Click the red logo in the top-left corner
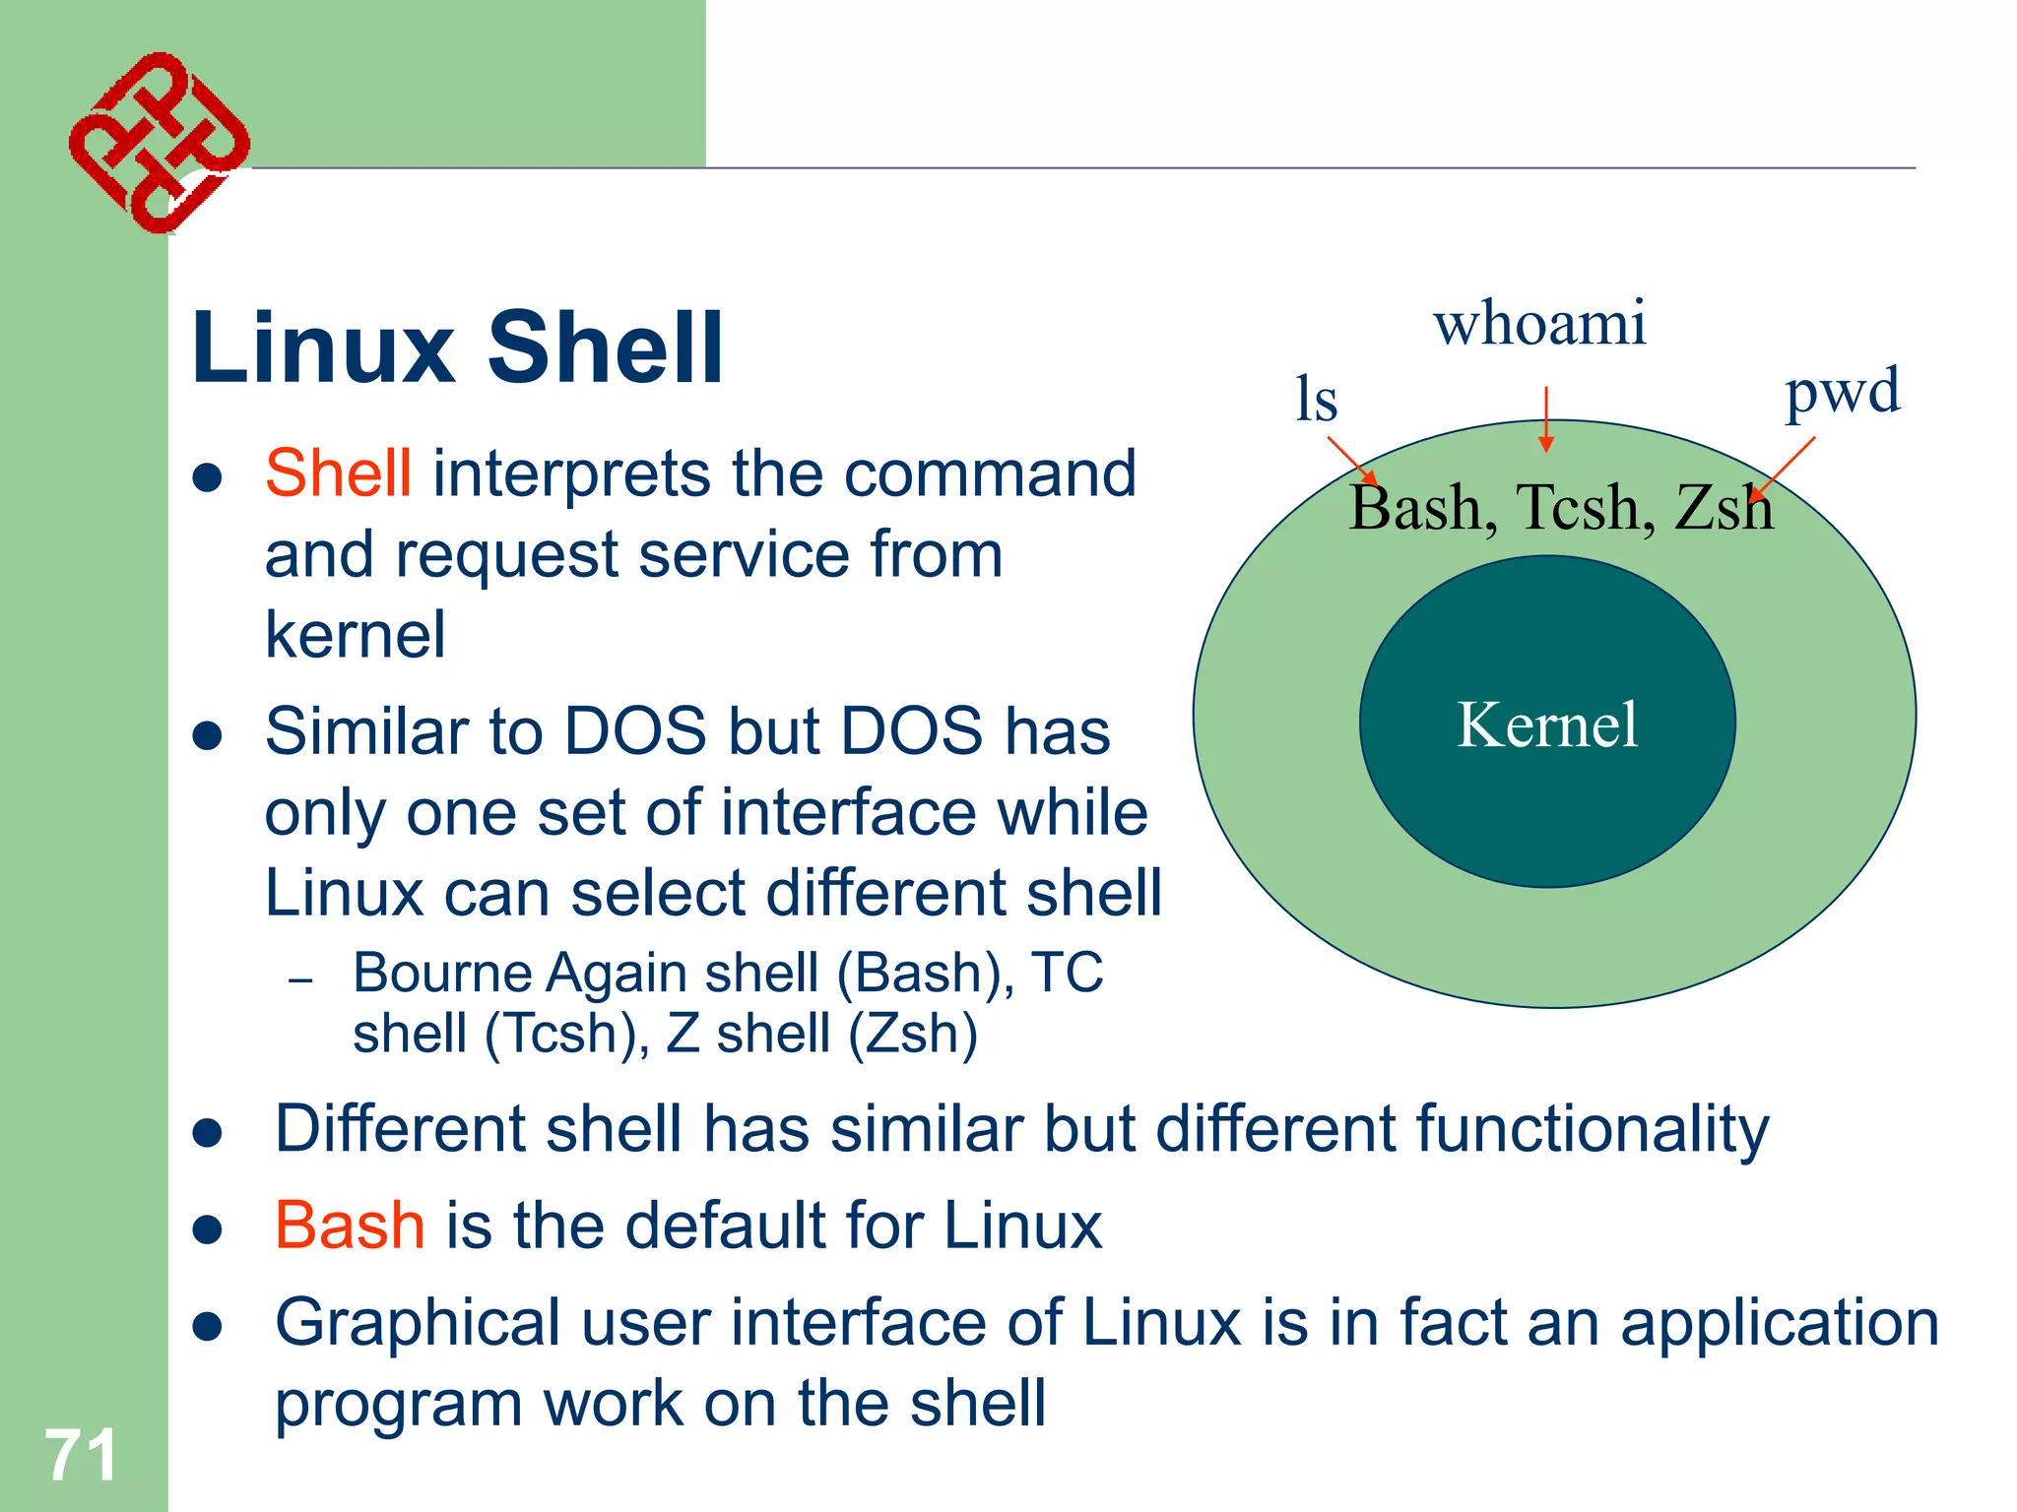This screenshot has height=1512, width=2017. tap(158, 143)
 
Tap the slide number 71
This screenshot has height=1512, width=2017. tap(81, 1455)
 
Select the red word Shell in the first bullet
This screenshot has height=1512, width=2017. tap(338, 473)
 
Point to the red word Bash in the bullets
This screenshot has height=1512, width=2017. tap(350, 1226)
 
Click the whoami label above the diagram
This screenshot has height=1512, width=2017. tap(1539, 323)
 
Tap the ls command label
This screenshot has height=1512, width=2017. tap(1316, 400)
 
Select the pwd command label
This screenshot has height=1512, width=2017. tap(1842, 392)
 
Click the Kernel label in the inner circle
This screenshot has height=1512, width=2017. tap(1547, 724)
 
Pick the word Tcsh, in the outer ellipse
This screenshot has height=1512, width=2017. tap(1586, 508)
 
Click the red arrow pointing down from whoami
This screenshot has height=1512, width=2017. tap(1546, 418)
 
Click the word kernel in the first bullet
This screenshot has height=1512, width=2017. tap(356, 635)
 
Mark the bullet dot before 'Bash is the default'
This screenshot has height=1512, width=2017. tap(207, 1228)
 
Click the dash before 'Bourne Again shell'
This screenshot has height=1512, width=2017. tap(300, 980)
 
